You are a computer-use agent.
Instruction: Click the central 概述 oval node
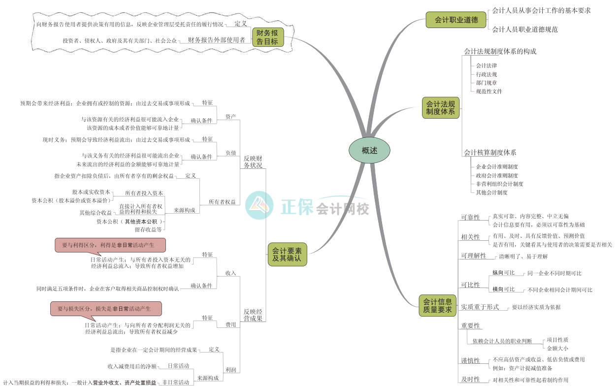(x=369, y=151)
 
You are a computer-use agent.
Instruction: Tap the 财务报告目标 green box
(x=268, y=37)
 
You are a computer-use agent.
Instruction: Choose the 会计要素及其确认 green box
(x=287, y=254)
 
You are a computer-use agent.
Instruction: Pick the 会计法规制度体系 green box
(x=440, y=108)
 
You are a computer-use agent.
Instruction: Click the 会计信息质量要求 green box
(x=437, y=305)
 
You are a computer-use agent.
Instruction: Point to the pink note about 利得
(x=110, y=245)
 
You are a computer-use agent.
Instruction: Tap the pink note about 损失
(x=106, y=309)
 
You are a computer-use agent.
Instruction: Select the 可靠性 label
(x=470, y=217)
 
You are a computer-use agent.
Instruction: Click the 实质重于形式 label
(x=480, y=307)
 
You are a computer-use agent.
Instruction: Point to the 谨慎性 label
(x=470, y=360)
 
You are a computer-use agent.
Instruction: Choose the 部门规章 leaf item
(x=486, y=83)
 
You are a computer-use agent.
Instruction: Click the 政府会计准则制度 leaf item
(x=497, y=175)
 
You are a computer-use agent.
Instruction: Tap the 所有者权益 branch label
(x=222, y=202)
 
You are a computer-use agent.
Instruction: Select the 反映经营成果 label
(x=253, y=315)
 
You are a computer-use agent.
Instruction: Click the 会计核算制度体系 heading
(x=490, y=153)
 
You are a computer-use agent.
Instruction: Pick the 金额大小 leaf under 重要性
(x=557, y=348)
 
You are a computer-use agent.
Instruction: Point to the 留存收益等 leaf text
(x=148, y=229)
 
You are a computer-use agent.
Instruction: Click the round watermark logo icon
(x=259, y=205)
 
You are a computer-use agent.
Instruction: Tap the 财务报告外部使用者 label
(x=216, y=40)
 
